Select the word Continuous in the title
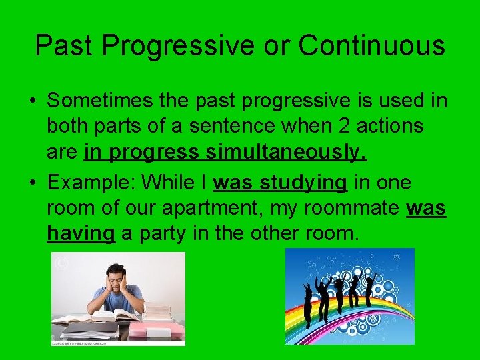371,46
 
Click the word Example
87,183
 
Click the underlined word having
81,235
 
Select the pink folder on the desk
155,330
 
